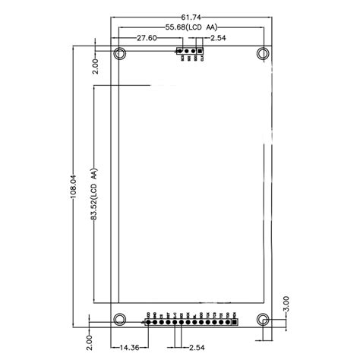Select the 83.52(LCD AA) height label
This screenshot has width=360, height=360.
click(x=93, y=194)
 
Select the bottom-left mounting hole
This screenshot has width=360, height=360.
click(x=119, y=319)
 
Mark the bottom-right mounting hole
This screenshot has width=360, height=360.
click(x=264, y=319)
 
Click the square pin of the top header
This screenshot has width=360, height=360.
click(x=201, y=53)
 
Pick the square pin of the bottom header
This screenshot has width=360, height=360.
click(x=235, y=321)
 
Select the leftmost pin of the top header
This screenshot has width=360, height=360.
click(x=181, y=53)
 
